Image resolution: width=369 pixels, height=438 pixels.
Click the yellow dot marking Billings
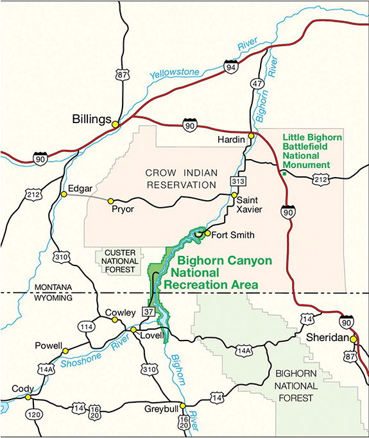[116, 124]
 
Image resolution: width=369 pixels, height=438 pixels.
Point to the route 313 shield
[238, 182]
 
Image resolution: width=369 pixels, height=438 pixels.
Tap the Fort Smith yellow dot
[207, 233]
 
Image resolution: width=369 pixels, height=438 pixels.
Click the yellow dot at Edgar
[64, 194]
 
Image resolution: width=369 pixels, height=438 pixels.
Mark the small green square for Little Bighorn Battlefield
[282, 172]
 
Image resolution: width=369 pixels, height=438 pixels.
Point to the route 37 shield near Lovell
[148, 312]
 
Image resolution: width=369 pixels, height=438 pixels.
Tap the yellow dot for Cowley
[115, 319]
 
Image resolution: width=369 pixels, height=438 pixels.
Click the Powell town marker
[65, 351]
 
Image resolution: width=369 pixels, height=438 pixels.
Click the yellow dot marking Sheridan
[353, 339]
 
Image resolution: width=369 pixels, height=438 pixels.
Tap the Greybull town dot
[183, 405]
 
